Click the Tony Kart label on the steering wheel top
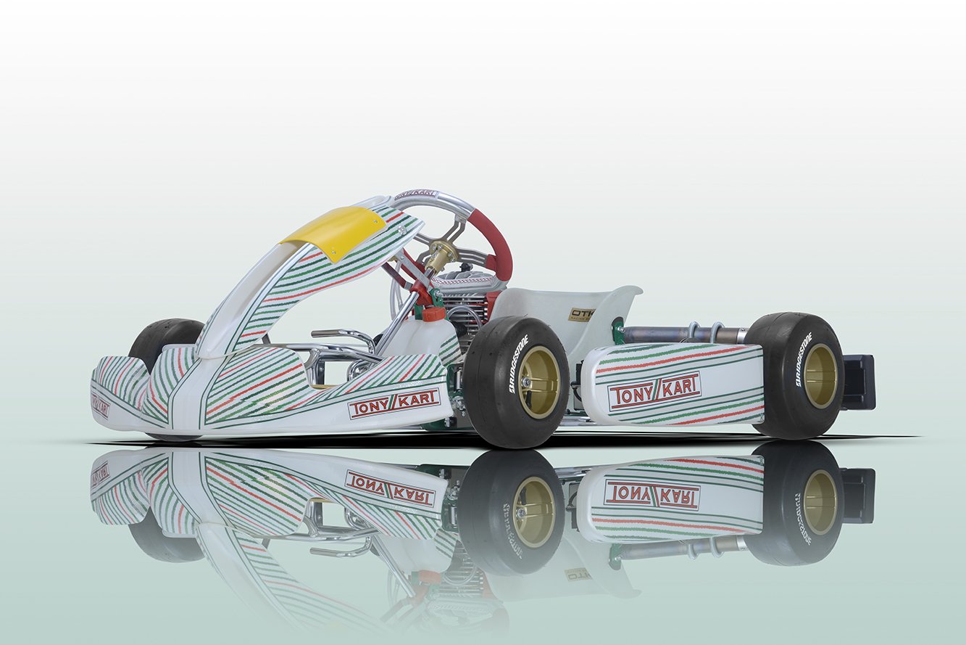416,194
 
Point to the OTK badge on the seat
582,314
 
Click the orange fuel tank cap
433,313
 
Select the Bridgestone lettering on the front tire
519,363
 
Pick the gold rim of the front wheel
538,382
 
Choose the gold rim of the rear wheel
820,375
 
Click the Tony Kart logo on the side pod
654,392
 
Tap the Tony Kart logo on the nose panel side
394,403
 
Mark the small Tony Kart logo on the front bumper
100,406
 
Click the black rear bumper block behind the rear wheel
859,382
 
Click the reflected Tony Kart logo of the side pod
651,495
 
